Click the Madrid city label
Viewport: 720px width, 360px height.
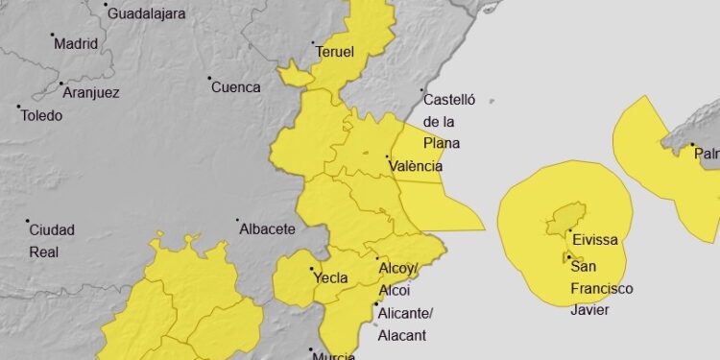tap(76, 43)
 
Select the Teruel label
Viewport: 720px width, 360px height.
tap(334, 52)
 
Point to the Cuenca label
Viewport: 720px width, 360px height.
tap(236, 87)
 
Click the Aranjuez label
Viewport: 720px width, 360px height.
tap(90, 92)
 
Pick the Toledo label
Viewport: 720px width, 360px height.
tap(41, 116)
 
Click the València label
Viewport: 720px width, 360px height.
tap(415, 166)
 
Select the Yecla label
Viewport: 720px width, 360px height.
tap(329, 279)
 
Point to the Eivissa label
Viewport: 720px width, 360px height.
tap(594, 239)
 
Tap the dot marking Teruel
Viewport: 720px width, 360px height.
tap(314, 43)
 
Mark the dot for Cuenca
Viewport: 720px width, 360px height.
tap(209, 78)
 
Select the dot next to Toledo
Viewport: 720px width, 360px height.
tap(17, 107)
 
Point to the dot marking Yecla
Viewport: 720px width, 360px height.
tap(310, 270)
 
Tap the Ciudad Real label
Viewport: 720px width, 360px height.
tap(52, 241)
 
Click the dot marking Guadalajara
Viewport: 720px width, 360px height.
tap(105, 5)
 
